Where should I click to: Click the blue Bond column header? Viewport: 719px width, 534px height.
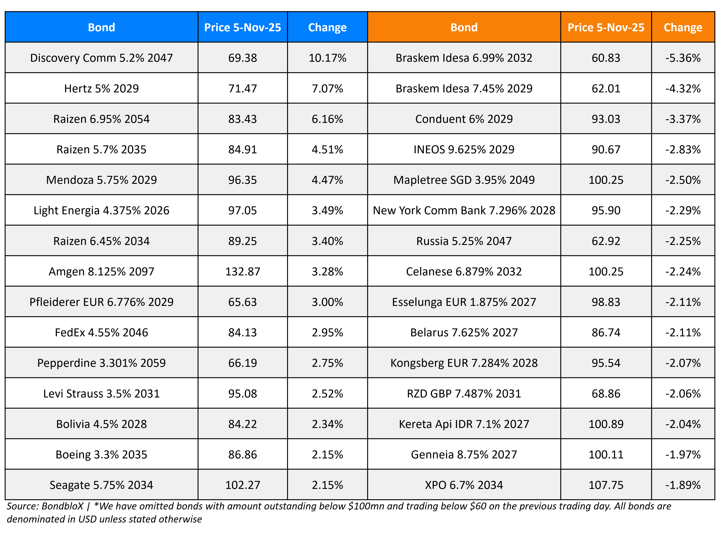pos(101,27)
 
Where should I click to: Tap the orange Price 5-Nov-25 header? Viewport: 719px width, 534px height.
pos(606,27)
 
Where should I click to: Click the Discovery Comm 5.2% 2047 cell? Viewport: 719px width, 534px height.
pos(101,58)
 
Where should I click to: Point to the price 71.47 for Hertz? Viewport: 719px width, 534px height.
pos(242,88)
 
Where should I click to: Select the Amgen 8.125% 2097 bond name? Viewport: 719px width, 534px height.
pos(101,271)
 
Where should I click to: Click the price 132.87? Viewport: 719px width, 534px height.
pos(242,271)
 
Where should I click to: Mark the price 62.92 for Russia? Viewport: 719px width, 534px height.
pos(606,241)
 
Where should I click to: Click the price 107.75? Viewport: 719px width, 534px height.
pos(606,485)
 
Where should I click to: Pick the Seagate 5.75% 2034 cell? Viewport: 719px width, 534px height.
pos(101,485)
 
